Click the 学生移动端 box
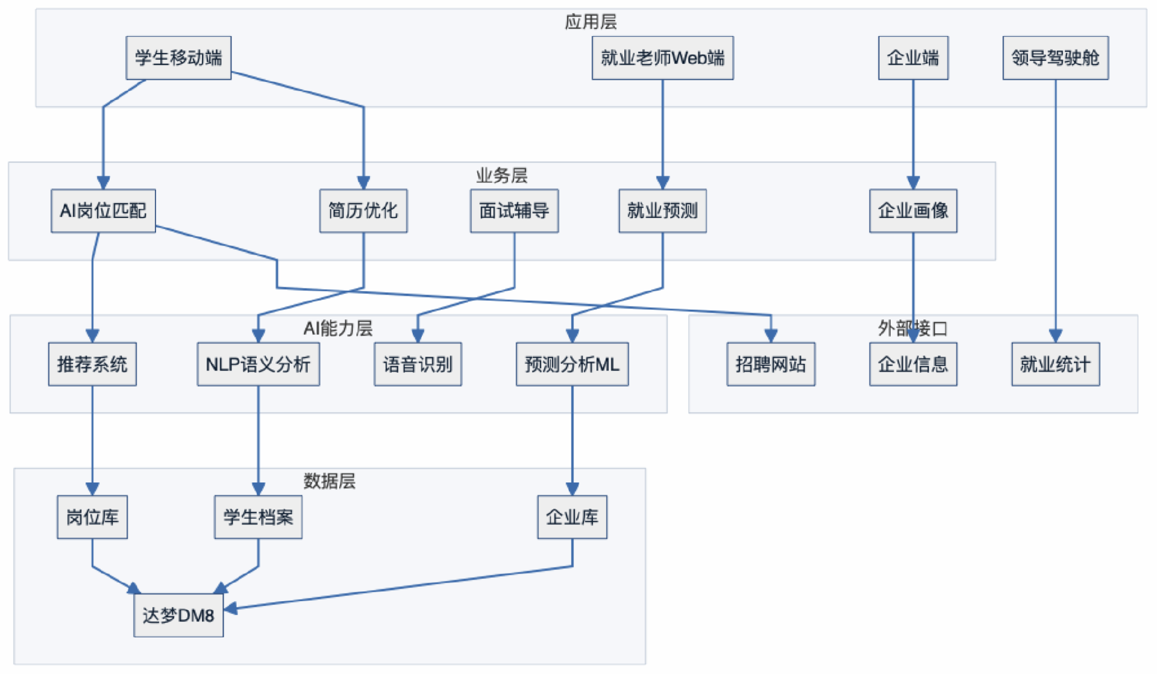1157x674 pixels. (x=178, y=58)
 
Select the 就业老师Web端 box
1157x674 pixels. (x=662, y=58)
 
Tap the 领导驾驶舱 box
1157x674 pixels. (x=1055, y=58)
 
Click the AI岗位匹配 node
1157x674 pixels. (x=103, y=211)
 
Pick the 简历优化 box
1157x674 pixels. (x=363, y=211)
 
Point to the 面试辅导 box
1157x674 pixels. (x=514, y=211)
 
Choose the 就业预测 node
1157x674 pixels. (x=662, y=211)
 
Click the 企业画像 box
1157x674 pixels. (x=913, y=211)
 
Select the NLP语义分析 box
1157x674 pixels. (x=258, y=364)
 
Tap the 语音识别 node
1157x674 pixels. (x=418, y=364)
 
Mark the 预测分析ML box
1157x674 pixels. (x=572, y=364)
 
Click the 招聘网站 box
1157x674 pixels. (x=771, y=364)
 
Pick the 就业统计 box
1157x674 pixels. (x=1055, y=364)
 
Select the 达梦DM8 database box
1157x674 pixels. (x=178, y=615)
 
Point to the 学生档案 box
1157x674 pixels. (x=258, y=517)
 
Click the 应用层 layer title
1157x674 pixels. (x=591, y=22)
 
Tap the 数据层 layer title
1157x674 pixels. (x=329, y=481)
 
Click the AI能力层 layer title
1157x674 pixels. (x=337, y=328)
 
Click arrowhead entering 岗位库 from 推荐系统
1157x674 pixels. (x=92, y=488)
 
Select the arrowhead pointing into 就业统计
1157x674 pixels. (x=1055, y=335)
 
